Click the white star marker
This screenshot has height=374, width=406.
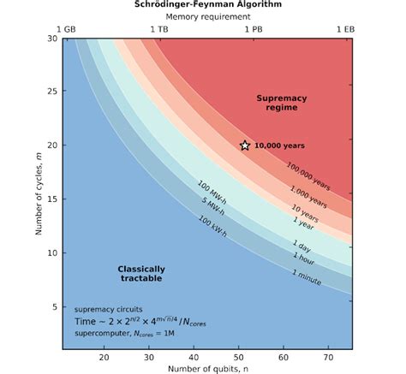244,145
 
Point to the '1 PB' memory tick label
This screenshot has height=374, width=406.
254,28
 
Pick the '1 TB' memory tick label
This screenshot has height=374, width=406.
159,28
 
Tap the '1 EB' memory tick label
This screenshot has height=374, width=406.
344,28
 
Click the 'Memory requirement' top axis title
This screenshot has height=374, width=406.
203,16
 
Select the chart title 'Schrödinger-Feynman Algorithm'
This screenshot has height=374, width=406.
203,4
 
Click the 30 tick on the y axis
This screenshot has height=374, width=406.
52,39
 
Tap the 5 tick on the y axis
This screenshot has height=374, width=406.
54,306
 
